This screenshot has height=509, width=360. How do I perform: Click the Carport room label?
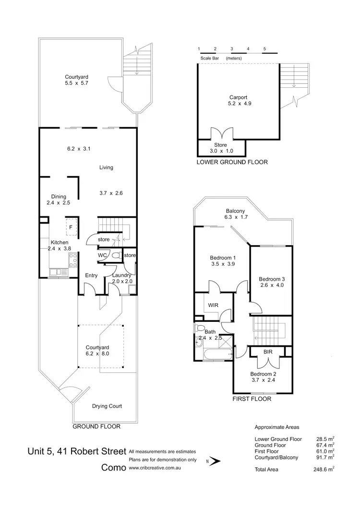pos(238,97)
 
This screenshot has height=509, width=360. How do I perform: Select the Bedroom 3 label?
pos(272,279)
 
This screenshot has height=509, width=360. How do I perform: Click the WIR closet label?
pos(214,305)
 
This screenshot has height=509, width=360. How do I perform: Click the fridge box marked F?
pos(71,227)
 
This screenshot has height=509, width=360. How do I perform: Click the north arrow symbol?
pos(216,462)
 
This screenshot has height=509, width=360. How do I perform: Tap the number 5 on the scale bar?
pos(264,49)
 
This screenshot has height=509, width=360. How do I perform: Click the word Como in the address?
pos(113,467)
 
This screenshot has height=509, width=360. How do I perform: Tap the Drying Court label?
pos(107,406)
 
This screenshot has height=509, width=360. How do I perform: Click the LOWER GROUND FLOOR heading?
pos(232,162)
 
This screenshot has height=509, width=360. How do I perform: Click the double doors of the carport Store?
pos(218,133)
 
